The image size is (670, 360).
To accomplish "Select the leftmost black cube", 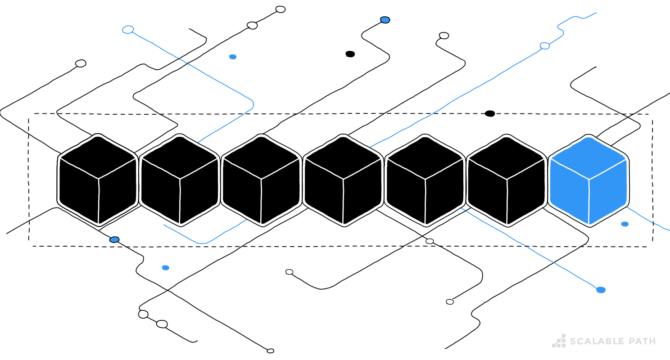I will tap(98, 180).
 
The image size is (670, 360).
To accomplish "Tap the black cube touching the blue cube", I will tap(507, 180).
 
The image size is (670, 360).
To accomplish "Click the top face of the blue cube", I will tap(589, 157).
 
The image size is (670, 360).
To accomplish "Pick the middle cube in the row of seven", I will tap(343, 180).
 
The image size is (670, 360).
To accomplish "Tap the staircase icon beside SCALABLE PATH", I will tap(559, 341).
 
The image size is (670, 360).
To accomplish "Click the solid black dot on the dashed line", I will tap(490, 113).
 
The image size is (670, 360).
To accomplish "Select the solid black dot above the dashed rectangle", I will tap(350, 54).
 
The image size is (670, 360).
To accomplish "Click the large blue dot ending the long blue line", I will tap(601, 290).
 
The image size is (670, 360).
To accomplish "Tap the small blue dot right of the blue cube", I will tap(625, 224).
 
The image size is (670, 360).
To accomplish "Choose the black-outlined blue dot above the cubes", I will tap(385, 20).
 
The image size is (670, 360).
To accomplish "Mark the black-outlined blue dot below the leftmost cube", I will tap(114, 239).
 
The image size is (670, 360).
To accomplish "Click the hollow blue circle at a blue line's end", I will tap(128, 30).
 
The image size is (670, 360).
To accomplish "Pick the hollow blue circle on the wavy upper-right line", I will tap(544, 46).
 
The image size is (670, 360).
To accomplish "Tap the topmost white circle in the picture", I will tap(281, 9).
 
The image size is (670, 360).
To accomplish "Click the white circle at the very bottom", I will tap(270, 351).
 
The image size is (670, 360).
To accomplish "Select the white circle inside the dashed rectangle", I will tap(430, 241).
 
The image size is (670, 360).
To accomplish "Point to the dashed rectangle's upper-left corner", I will tap(29, 114).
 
